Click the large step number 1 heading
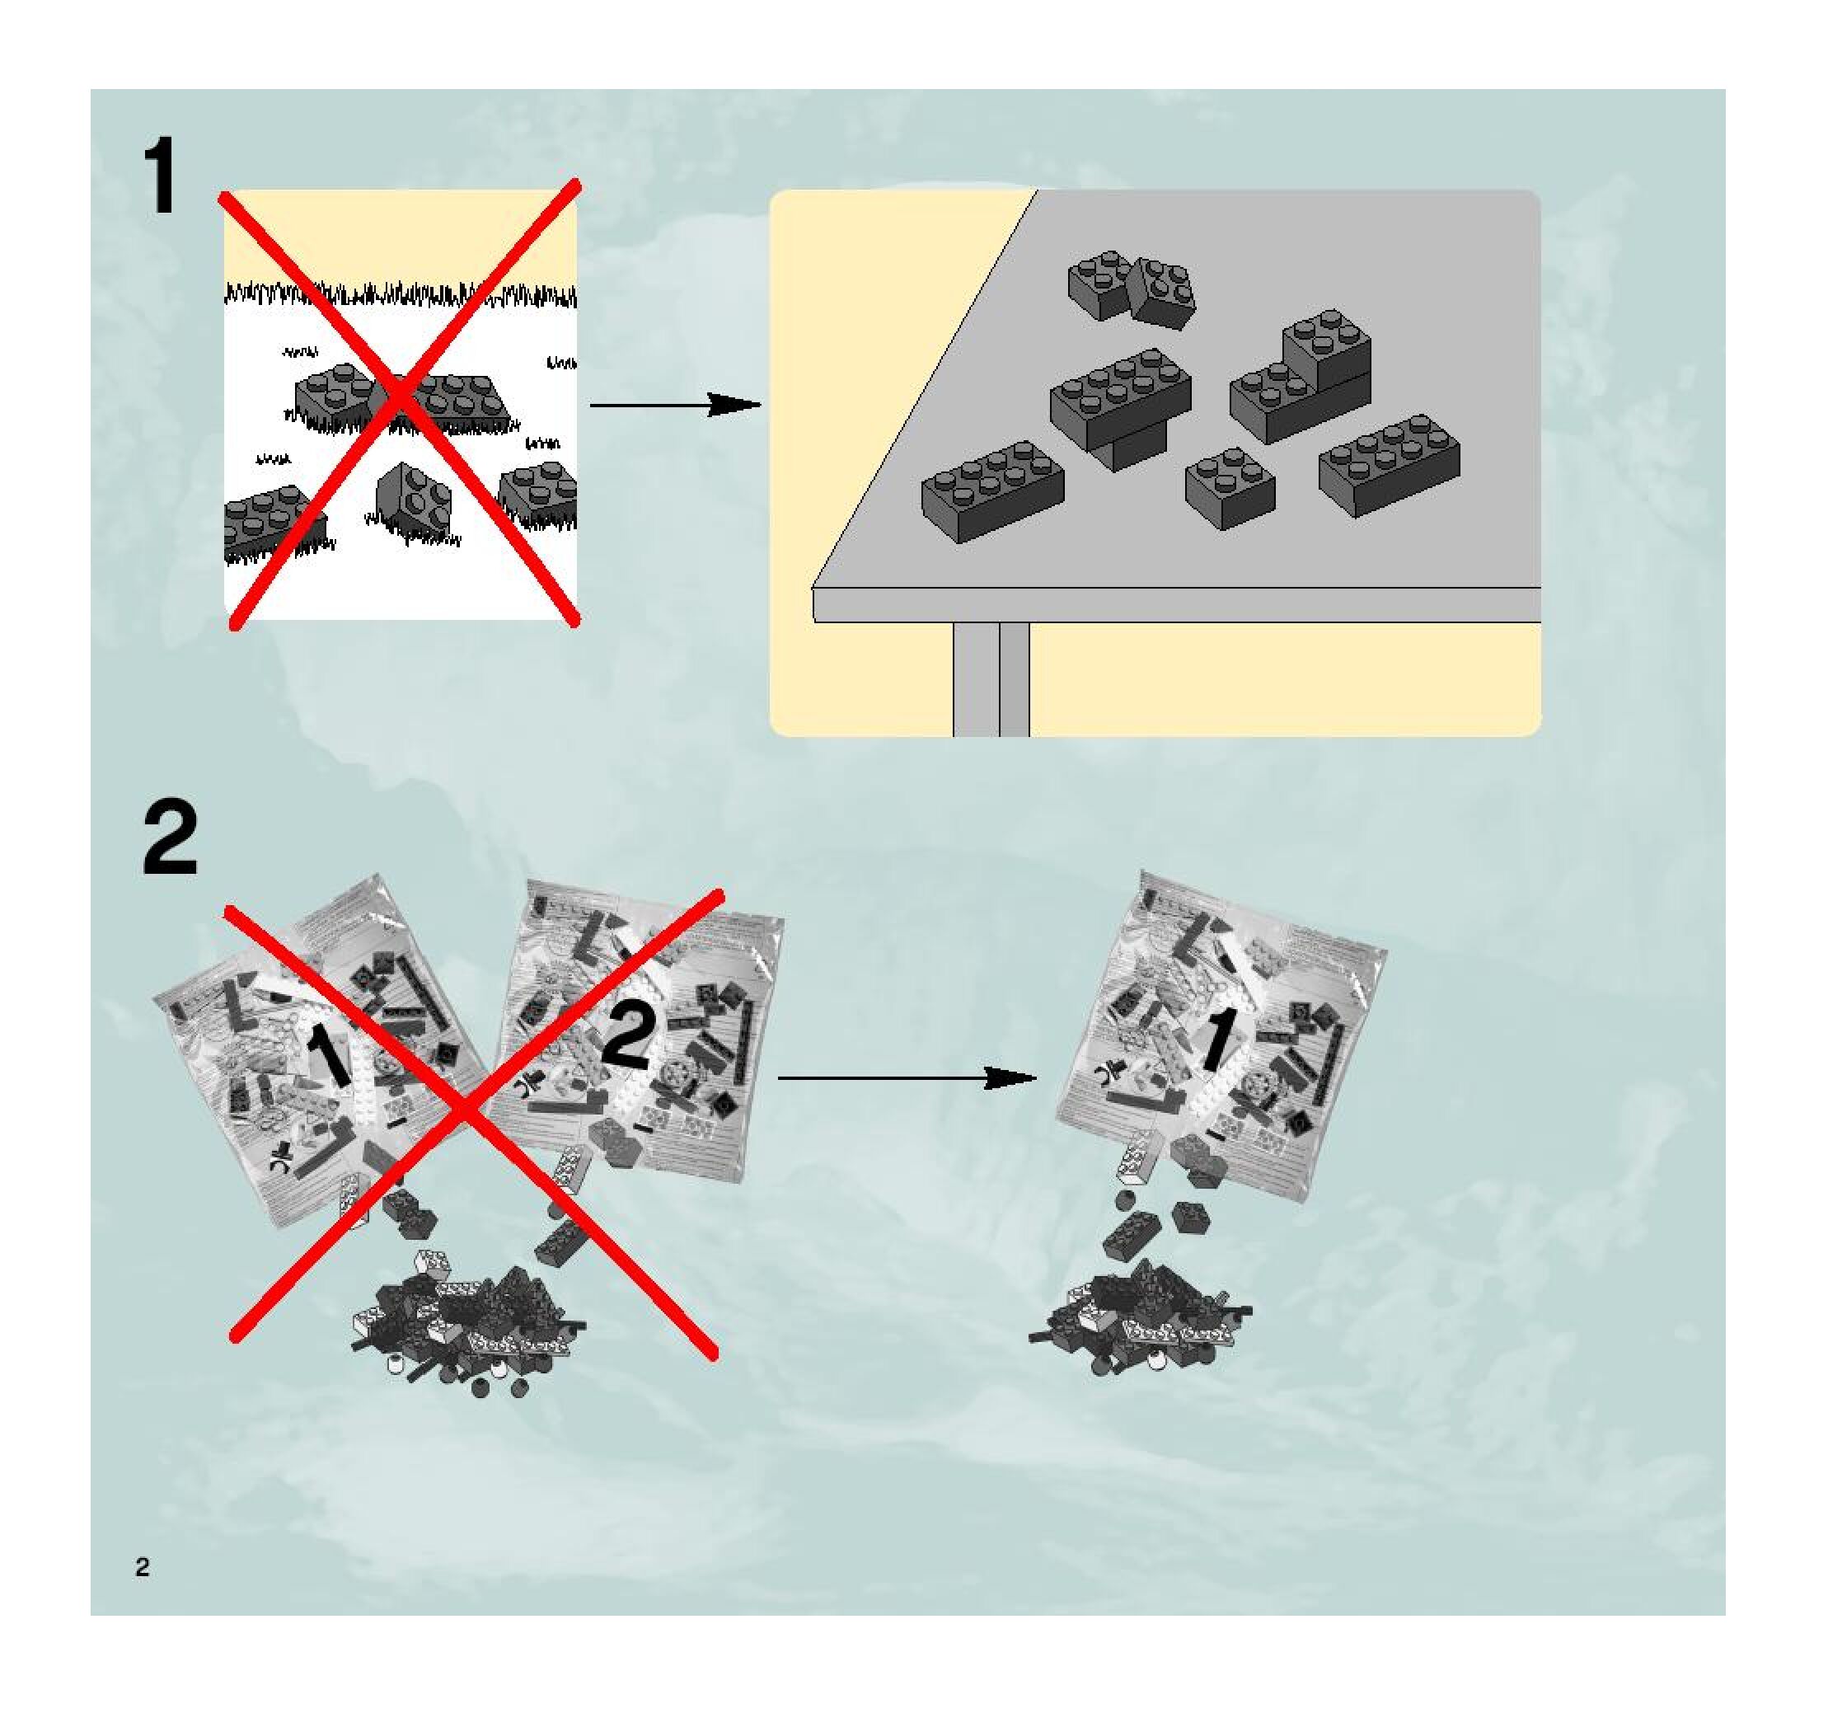(x=164, y=176)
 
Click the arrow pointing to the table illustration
(x=676, y=405)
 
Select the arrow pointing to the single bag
(x=906, y=1077)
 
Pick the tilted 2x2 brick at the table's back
(x=1164, y=292)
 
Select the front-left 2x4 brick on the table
(x=993, y=491)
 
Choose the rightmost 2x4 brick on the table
(x=1390, y=464)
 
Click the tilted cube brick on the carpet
(x=413, y=501)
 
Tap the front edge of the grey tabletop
(x=1177, y=604)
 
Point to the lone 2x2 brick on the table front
(x=1230, y=487)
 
